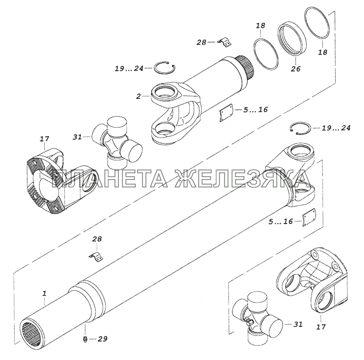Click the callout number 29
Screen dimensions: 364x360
pyautogui.click(x=102, y=339)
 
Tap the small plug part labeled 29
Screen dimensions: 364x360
pyautogui.click(x=85, y=339)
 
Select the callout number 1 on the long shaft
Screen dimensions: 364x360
pyautogui.click(x=44, y=293)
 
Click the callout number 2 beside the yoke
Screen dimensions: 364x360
pyautogui.click(x=138, y=96)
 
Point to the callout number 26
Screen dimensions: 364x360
pyautogui.click(x=296, y=69)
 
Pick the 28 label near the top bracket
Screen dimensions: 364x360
pyautogui.click(x=201, y=42)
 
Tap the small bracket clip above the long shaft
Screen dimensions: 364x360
pyautogui.click(x=96, y=257)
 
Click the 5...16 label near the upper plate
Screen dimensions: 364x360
pyautogui.click(x=255, y=109)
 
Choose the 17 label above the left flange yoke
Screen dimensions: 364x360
pyautogui.click(x=44, y=139)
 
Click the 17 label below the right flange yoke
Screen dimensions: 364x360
pyautogui.click(x=321, y=326)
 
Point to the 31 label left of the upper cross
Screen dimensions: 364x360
pyautogui.click(x=77, y=137)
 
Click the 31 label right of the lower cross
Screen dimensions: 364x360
pyautogui.click(x=298, y=324)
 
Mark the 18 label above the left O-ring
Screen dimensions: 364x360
pyautogui.click(x=261, y=26)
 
